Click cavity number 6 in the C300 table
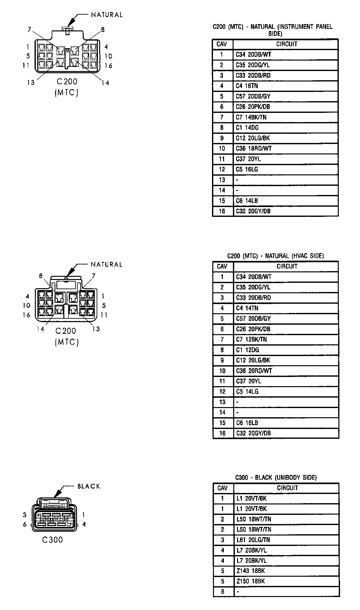(x=222, y=592)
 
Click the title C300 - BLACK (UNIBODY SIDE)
(x=276, y=477)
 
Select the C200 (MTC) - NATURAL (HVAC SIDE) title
(x=275, y=256)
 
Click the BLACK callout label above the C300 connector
(x=89, y=486)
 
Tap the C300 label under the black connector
(x=53, y=540)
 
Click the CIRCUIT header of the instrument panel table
(x=286, y=44)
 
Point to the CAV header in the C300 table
(x=222, y=488)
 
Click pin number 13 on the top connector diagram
(x=31, y=82)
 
